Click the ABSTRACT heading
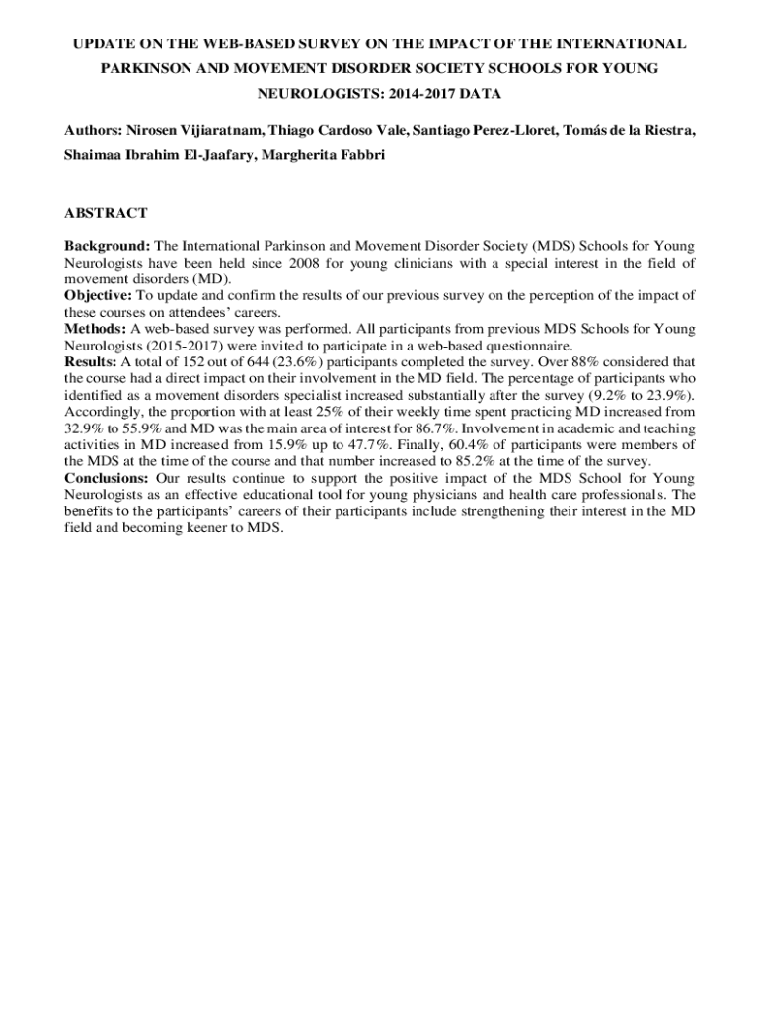click(107, 213)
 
